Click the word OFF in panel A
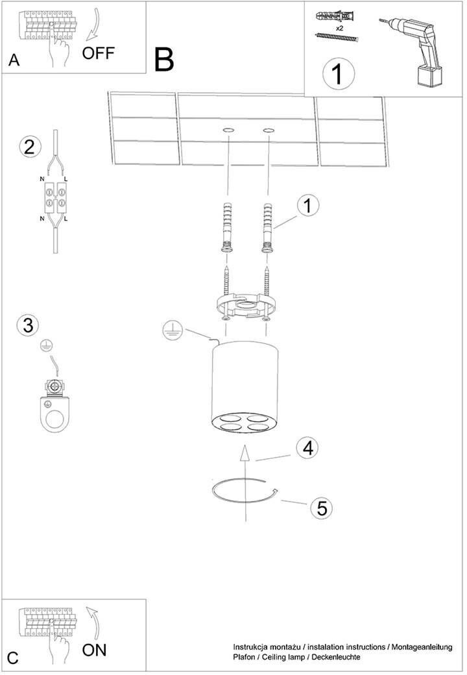coord(98,53)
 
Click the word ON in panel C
coord(94,650)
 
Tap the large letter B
coord(164,60)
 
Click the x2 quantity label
coord(340,29)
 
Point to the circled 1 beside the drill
coord(339,73)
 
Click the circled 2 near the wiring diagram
coord(30,147)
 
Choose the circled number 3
coord(28,325)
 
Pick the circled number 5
coord(322,508)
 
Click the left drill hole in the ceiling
coord(228,130)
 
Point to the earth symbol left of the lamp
coord(173,332)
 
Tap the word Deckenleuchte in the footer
coord(336,657)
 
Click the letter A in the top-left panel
coord(14,60)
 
